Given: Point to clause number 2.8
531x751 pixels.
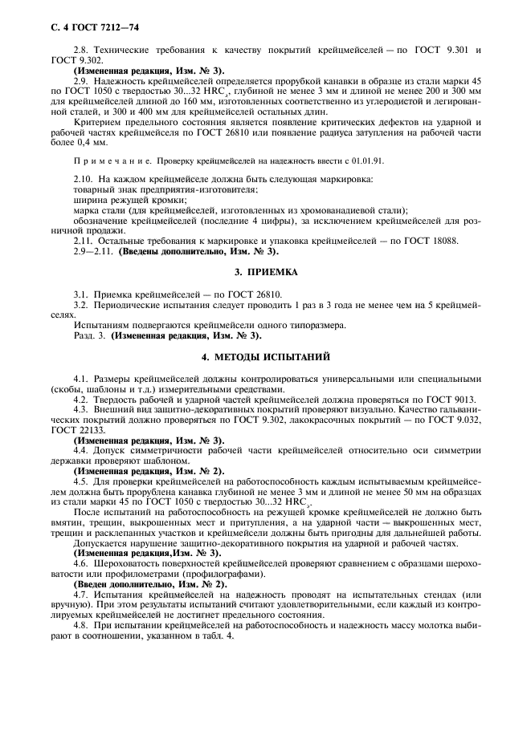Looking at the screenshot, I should (80, 51).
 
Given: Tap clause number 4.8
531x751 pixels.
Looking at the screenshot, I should (80, 623).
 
